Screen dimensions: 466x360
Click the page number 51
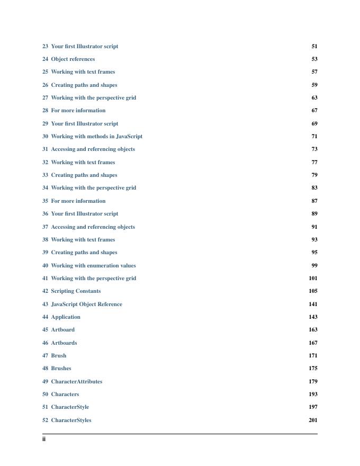[x=314, y=47]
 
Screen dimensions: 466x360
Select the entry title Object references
[x=73, y=59]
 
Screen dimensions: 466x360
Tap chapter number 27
[x=45, y=98]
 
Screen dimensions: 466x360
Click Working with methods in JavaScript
[x=96, y=137]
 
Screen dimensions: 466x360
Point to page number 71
[x=314, y=137]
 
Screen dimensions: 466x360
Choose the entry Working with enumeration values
[x=93, y=266]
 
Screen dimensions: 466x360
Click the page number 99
[x=314, y=266]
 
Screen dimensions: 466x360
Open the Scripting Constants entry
[x=76, y=291]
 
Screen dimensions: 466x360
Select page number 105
[x=313, y=291]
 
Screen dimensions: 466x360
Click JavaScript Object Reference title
[x=86, y=304]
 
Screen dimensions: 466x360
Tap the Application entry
[x=66, y=317]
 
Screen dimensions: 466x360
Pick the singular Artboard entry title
[x=62, y=330]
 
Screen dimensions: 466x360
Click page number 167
[x=313, y=343]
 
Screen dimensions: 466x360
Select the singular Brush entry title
[x=58, y=356]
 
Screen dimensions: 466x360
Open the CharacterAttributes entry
[x=76, y=382]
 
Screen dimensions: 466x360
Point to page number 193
[x=313, y=395]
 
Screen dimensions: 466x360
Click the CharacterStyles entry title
[x=71, y=420]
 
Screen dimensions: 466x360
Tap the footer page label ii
[x=44, y=439]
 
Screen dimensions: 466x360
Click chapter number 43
[x=45, y=304]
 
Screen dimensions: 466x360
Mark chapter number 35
[x=45, y=201]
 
